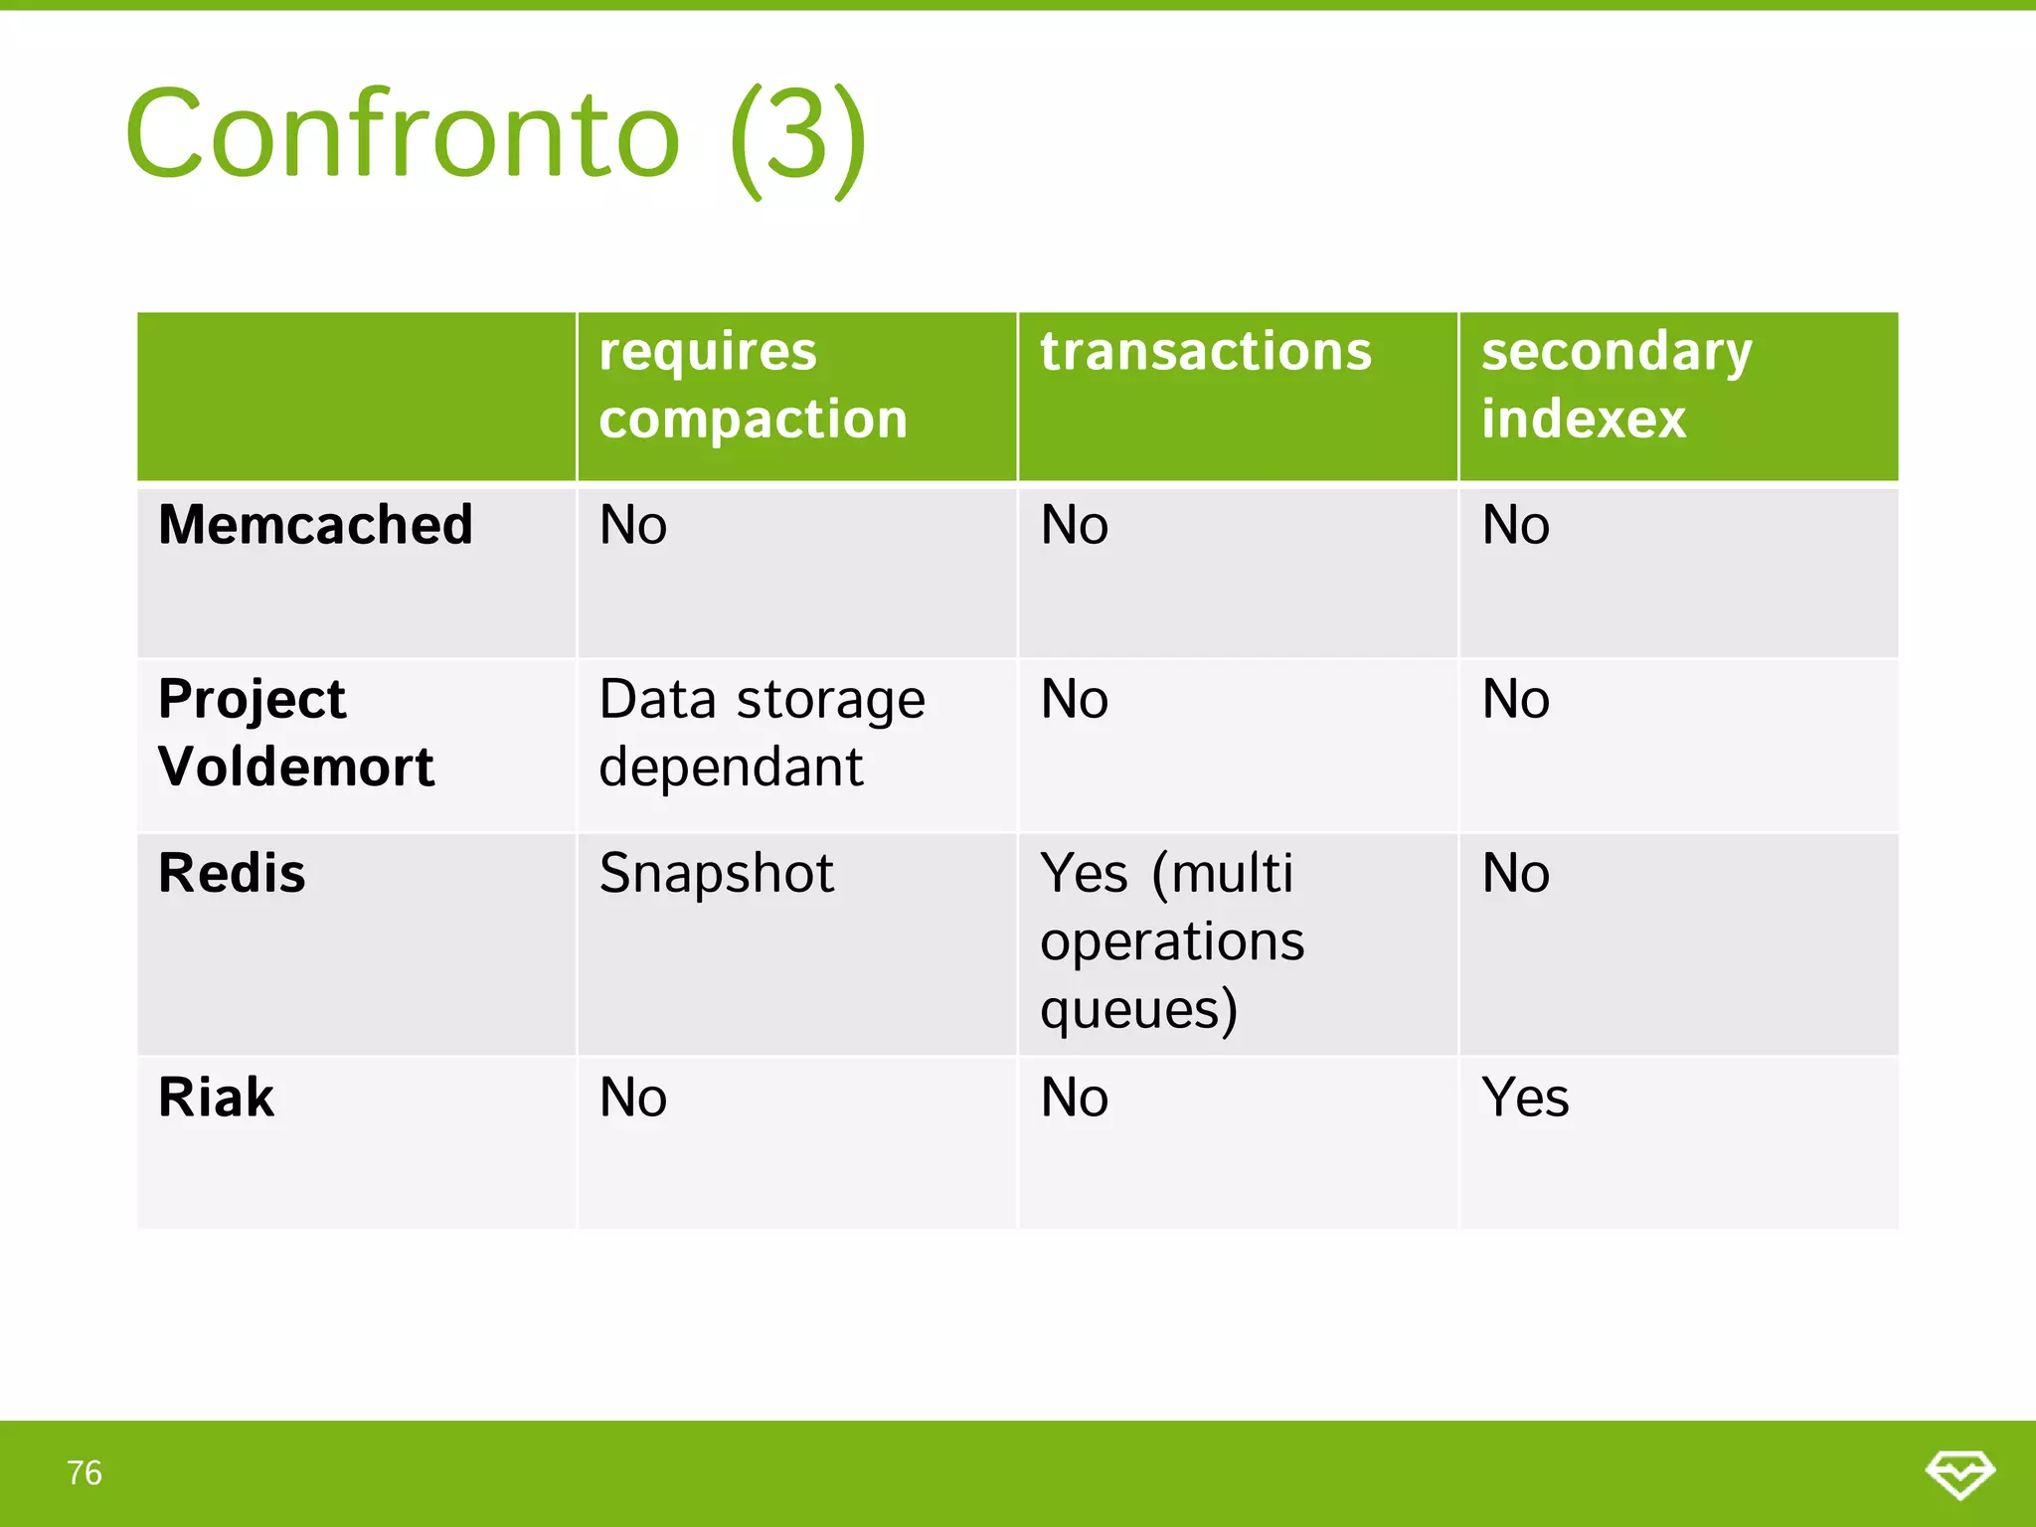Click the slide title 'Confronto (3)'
pyautogui.click(x=495, y=134)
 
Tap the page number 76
pyautogui.click(x=85, y=1472)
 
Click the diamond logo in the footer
pyautogui.click(x=1959, y=1473)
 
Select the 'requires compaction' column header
pyautogui.click(x=753, y=385)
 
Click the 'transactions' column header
pyautogui.click(x=1205, y=352)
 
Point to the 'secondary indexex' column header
pyautogui.click(x=1615, y=385)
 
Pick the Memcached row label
pyautogui.click(x=315, y=525)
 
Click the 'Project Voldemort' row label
pyautogui.click(x=295, y=733)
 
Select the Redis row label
pyautogui.click(x=232, y=874)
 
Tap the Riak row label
pyautogui.click(x=216, y=1098)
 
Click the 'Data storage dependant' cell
pyautogui.click(x=762, y=733)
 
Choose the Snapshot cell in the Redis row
pyautogui.click(x=716, y=874)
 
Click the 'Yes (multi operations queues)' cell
pyautogui.click(x=1171, y=940)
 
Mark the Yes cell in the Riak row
pyautogui.click(x=1525, y=1098)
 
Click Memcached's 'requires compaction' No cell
pyautogui.click(x=632, y=525)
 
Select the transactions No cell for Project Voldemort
pyautogui.click(x=1074, y=699)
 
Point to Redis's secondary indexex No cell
pyautogui.click(x=1515, y=874)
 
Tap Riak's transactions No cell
pyautogui.click(x=1074, y=1098)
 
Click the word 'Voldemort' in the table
pyautogui.click(x=295, y=766)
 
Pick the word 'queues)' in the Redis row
pyautogui.click(x=1138, y=1009)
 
